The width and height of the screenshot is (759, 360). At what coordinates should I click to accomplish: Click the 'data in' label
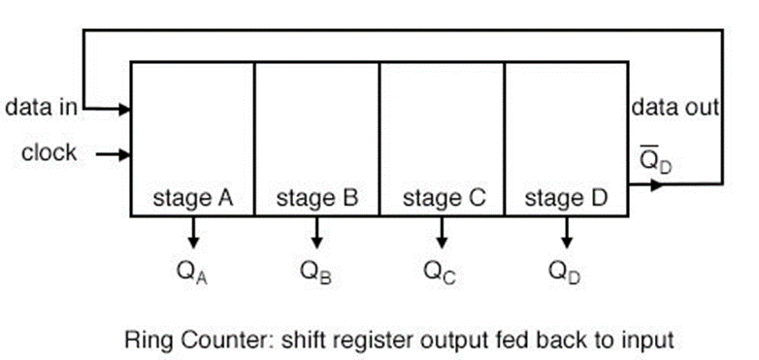click(x=42, y=107)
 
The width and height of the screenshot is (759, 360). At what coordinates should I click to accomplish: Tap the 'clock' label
click(x=49, y=153)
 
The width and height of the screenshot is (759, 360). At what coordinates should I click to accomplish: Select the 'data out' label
click(x=676, y=107)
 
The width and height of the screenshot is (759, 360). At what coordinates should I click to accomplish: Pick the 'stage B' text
click(x=317, y=199)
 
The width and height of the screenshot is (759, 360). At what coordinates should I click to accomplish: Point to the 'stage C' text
click(x=443, y=199)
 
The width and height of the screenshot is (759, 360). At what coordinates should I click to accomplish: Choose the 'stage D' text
click(x=567, y=199)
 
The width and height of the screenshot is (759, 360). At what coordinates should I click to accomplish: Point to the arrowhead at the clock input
click(x=124, y=153)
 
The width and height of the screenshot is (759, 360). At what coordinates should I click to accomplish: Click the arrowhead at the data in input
click(x=124, y=108)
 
